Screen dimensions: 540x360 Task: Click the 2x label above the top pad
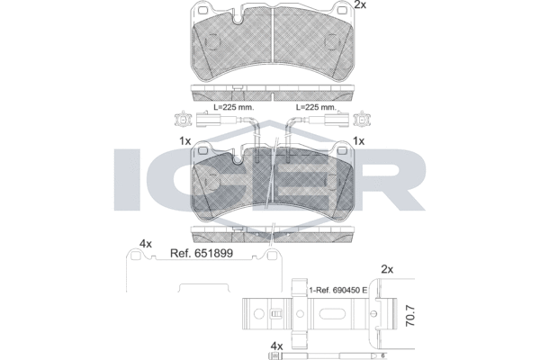pos(360,4)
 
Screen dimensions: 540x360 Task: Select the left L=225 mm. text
pos(234,107)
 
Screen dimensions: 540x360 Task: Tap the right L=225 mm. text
pos(316,107)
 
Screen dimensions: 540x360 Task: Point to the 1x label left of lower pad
pos(184,141)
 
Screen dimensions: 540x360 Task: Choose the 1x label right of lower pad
pos(359,141)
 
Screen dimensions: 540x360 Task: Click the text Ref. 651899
pos(202,254)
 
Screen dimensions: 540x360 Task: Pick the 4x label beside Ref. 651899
pos(145,244)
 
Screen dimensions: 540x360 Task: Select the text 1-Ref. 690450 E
pos(337,291)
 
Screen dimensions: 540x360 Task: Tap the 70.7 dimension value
pos(410,316)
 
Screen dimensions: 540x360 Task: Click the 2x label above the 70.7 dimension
pos(387,269)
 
